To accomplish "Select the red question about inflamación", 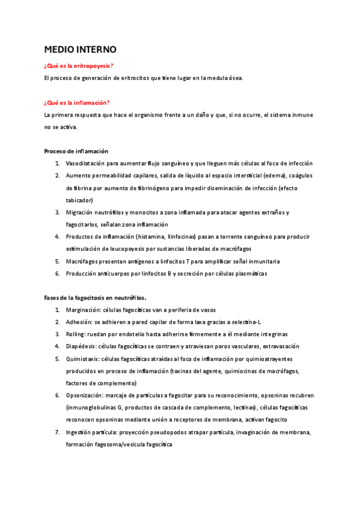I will [x=77, y=102].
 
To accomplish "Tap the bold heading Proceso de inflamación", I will [x=76, y=151].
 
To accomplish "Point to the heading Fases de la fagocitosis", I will [x=96, y=298].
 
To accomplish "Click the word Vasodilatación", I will [x=88, y=164].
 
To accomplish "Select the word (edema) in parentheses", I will [x=272, y=176].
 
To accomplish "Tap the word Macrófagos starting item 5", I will [x=85, y=261].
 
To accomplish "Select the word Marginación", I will [x=85, y=310].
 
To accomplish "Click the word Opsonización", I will [x=86, y=395].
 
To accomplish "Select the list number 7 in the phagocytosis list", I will [x=58, y=432].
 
